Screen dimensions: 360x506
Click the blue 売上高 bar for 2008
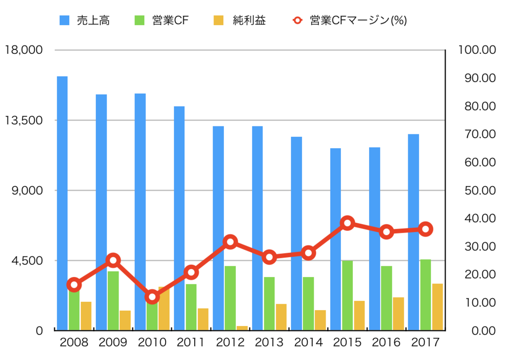click(62, 202)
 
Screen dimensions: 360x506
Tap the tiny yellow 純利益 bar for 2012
click(242, 328)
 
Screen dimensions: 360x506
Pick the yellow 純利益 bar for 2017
click(437, 307)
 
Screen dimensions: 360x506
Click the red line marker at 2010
click(152, 297)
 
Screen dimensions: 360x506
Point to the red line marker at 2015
click(347, 223)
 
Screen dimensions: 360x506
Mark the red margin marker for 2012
click(230, 241)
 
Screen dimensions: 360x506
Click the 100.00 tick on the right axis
click(476, 50)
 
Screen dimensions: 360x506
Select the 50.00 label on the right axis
click(476, 190)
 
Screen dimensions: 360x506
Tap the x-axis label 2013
click(269, 342)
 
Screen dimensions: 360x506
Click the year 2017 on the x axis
click(425, 342)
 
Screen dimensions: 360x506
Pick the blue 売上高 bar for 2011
click(179, 217)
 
